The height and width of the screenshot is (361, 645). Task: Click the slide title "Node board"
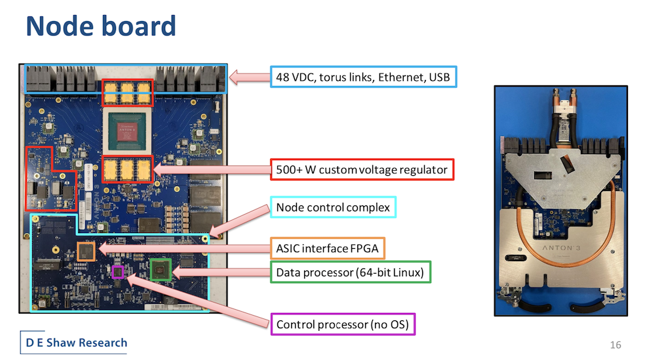click(x=101, y=26)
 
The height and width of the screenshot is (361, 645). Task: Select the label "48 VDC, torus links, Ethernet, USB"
click(x=363, y=77)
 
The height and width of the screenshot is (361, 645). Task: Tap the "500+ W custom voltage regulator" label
click(x=362, y=169)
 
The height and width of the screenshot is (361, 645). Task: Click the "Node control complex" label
click(x=333, y=207)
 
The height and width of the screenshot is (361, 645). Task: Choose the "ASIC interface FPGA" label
click(x=328, y=249)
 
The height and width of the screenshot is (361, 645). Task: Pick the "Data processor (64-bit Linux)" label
click(x=350, y=272)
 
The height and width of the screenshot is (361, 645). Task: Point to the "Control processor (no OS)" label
click(x=343, y=324)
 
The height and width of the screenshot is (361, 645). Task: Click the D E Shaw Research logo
click(x=74, y=343)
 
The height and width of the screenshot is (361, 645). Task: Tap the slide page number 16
click(x=616, y=345)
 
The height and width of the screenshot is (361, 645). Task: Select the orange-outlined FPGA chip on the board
click(x=86, y=251)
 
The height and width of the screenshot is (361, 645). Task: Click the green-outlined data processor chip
click(x=161, y=270)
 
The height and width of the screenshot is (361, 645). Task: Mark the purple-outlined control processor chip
click(x=117, y=272)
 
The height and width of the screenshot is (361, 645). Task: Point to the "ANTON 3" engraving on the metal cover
click(x=561, y=247)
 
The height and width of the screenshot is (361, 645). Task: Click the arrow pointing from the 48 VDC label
click(x=249, y=77)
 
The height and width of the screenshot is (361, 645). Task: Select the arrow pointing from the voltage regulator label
click(x=212, y=169)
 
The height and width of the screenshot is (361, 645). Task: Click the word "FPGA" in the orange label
click(x=364, y=249)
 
